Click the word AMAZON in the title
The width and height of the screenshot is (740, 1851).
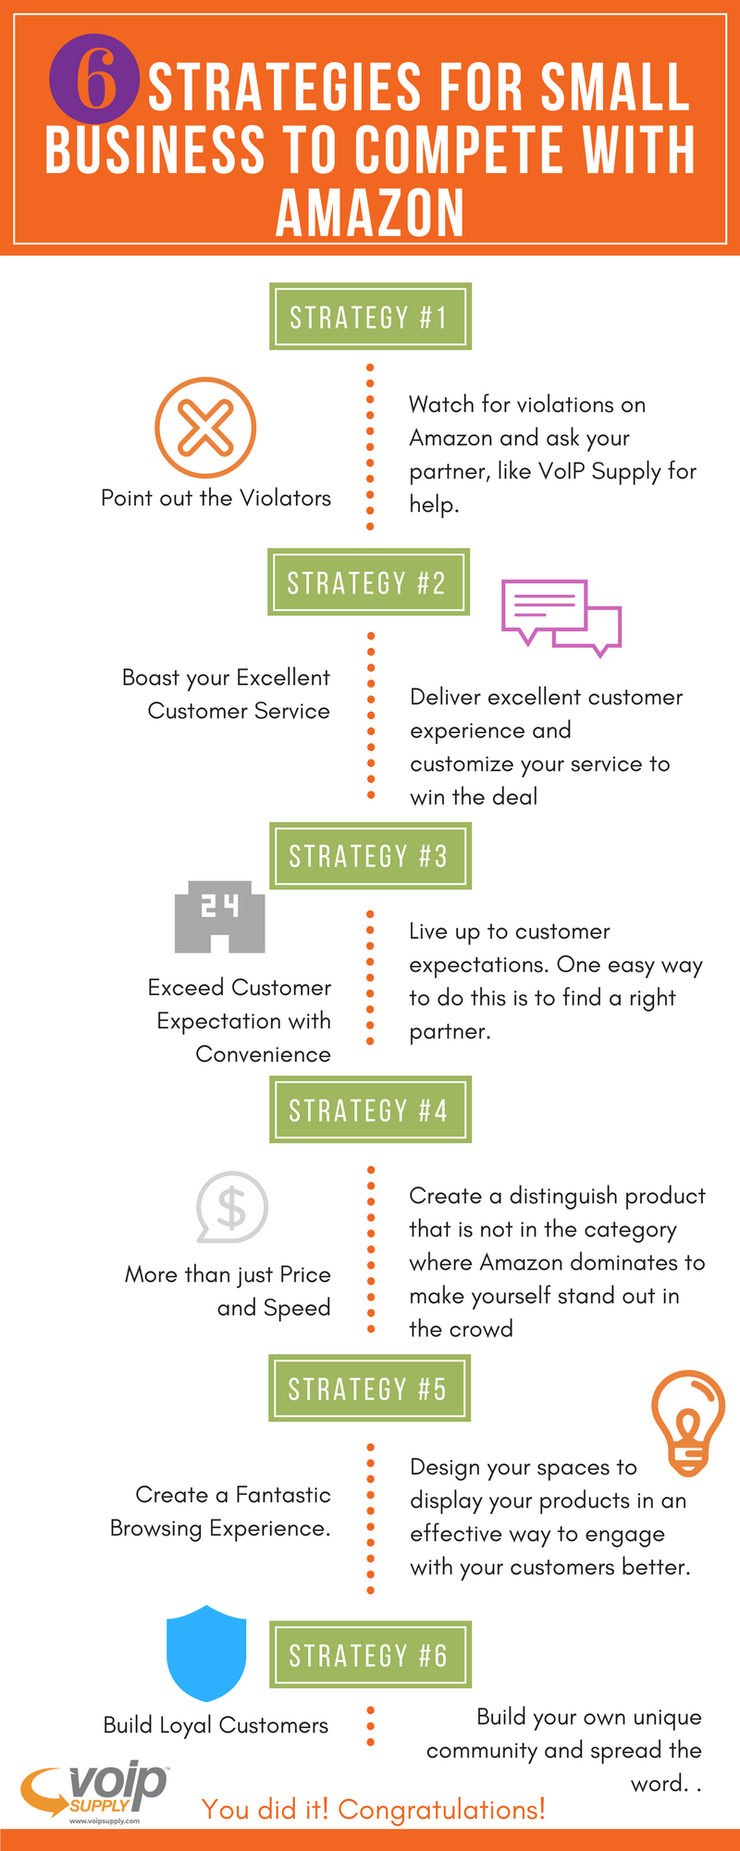point(370,213)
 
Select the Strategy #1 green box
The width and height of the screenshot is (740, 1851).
point(370,317)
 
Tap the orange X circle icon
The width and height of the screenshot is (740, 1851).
point(205,428)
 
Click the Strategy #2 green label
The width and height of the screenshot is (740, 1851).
point(368,582)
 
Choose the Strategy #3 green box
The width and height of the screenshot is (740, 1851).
point(370,856)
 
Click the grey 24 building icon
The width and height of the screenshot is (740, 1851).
point(220,916)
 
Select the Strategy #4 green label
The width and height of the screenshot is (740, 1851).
point(370,1110)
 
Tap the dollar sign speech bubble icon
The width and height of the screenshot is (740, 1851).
point(231,1207)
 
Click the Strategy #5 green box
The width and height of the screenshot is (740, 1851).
point(369,1388)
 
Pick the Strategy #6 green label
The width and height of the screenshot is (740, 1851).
point(370,1655)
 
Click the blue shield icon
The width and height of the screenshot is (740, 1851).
point(206,1654)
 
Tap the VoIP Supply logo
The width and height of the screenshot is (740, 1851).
point(94,1792)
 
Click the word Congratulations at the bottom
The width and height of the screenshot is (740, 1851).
point(441,1809)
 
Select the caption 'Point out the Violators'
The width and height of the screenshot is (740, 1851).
point(216,498)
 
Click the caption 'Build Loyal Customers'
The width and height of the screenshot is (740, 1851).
point(216,1725)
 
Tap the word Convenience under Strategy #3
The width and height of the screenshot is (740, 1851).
point(263,1054)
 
